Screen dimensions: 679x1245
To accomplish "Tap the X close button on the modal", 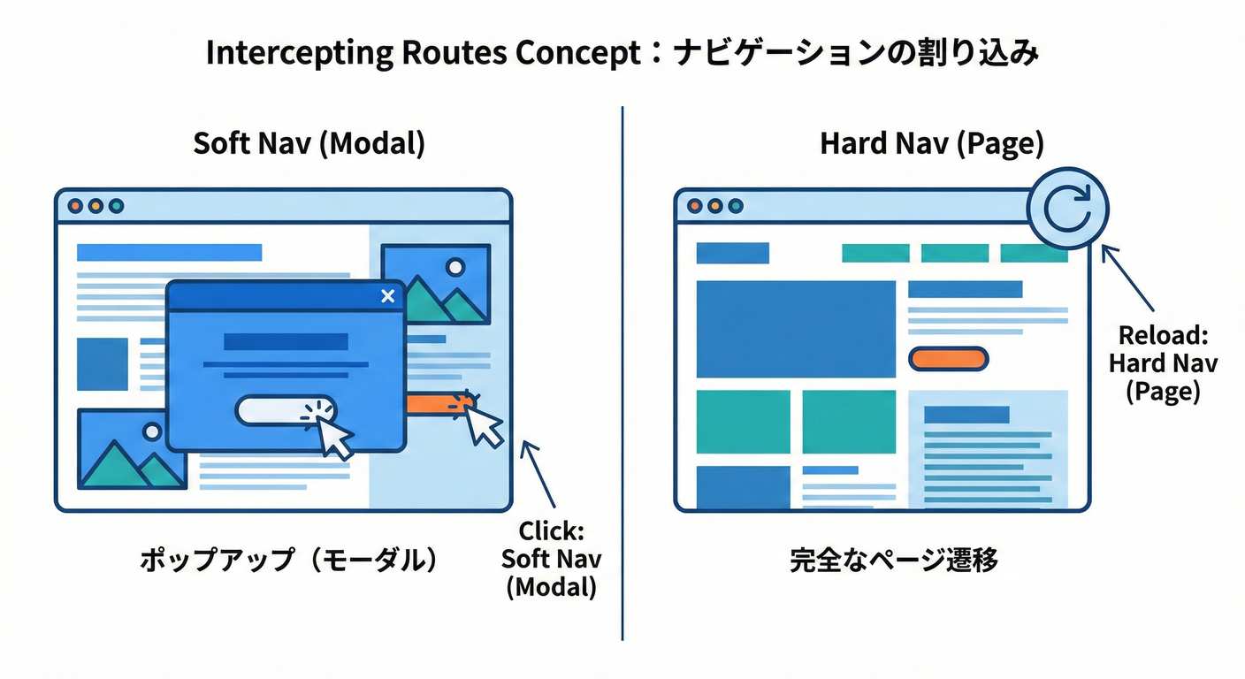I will (386, 296).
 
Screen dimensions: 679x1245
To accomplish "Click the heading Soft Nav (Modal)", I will (309, 145).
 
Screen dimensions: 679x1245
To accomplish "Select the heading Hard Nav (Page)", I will (932, 145).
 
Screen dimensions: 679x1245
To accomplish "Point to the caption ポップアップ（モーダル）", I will (288, 561).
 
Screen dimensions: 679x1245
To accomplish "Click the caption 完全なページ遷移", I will (893, 561).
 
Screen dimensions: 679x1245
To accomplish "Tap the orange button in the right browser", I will (948, 358).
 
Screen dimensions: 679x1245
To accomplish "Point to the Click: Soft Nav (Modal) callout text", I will (551, 559).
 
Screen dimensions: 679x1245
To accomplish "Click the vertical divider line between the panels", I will (622, 371).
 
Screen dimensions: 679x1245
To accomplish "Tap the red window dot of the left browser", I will (75, 206).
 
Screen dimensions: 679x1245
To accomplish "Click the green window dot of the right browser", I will (736, 206).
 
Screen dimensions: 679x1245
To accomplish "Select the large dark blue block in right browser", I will (796, 329).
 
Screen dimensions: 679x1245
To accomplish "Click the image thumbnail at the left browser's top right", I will (436, 283).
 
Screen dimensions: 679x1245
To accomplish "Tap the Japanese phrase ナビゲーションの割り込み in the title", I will (856, 54).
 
